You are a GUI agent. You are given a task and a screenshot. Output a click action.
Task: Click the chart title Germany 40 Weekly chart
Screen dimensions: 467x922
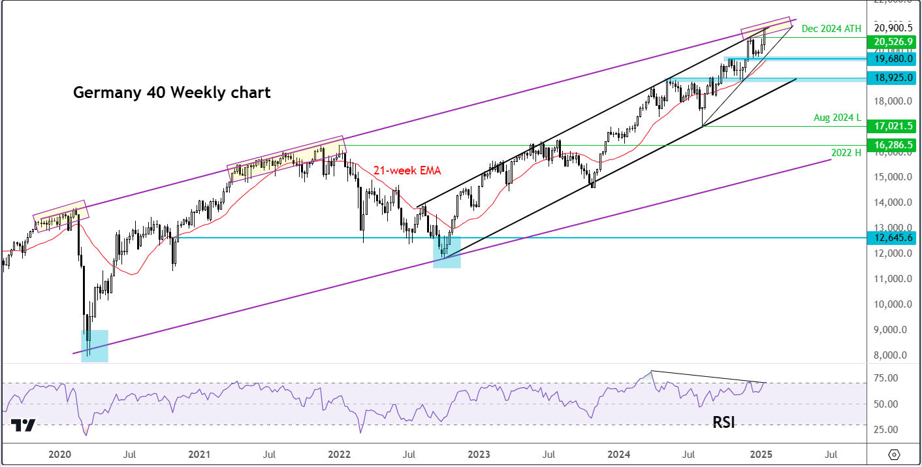[171, 93]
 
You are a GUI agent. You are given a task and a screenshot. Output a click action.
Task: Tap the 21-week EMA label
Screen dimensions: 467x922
[407, 170]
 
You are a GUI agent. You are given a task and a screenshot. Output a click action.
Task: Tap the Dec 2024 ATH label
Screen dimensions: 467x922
[831, 28]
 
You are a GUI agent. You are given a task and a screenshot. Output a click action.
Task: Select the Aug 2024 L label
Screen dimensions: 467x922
[838, 118]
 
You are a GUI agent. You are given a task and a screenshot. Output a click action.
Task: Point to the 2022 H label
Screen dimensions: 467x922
[846, 152]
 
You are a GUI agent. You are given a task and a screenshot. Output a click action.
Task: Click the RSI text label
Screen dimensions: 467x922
[723, 423]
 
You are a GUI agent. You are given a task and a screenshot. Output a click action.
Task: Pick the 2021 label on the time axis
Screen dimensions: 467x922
[199, 454]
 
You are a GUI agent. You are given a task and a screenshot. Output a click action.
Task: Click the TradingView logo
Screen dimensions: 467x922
[24, 425]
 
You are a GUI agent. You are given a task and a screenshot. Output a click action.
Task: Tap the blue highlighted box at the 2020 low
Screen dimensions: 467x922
[95, 346]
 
